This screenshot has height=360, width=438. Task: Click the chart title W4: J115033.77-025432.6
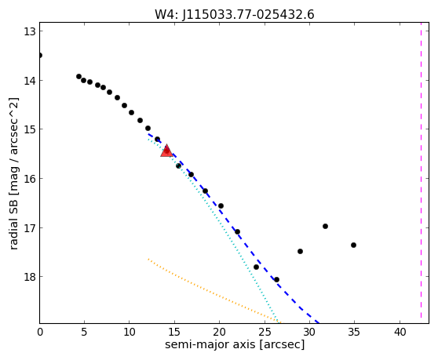235,14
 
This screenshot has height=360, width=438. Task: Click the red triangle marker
166,151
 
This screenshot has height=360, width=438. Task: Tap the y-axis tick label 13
29,31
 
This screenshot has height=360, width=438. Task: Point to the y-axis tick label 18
29,277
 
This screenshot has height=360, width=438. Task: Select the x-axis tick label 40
400,332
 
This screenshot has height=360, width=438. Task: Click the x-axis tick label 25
265,332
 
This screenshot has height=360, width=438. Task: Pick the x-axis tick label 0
40,332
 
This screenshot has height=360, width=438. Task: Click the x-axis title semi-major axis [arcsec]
235,344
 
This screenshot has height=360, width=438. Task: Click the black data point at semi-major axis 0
40,55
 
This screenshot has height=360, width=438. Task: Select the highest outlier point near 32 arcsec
325,226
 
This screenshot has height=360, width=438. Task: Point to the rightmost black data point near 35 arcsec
353,245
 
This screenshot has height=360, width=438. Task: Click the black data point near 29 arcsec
301,252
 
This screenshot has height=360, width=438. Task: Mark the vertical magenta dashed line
421,173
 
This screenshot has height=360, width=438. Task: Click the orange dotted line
214,290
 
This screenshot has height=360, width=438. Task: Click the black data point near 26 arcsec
276,279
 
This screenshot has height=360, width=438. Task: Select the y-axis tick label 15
29,129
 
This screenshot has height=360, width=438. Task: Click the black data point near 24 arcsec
256,267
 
